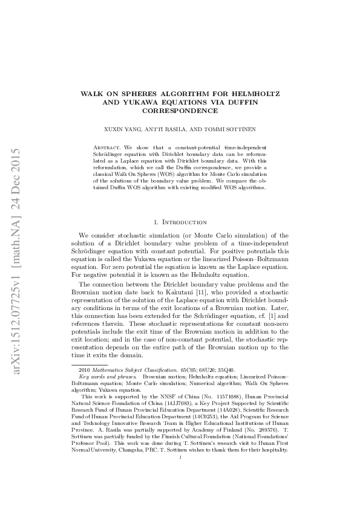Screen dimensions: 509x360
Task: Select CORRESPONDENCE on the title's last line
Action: (180, 111)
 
